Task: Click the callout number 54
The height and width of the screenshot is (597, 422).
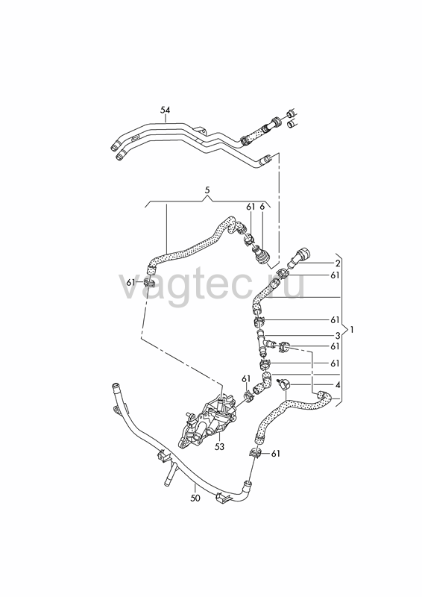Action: tap(166, 110)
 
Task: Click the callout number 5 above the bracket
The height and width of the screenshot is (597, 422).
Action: tap(207, 190)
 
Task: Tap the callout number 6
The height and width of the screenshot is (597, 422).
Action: tap(262, 207)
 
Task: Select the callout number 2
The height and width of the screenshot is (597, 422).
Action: tap(338, 263)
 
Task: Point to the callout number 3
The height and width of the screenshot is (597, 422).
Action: tap(338, 336)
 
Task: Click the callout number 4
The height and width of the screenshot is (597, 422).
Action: tap(338, 385)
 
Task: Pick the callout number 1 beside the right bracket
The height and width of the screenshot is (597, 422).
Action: tap(352, 330)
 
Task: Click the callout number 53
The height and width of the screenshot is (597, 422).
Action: tap(219, 446)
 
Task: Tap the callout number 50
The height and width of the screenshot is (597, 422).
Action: tap(195, 498)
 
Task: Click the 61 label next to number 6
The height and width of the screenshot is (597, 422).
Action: tap(251, 207)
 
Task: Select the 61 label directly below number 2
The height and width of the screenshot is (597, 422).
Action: tap(335, 275)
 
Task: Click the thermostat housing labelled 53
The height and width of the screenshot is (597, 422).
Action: tap(207, 422)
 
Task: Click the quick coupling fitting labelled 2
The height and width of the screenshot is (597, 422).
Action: tap(300, 257)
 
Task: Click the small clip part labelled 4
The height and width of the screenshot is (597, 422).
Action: tap(283, 383)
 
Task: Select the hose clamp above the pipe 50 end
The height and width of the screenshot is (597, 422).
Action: tap(256, 453)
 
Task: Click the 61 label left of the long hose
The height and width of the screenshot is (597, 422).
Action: tap(131, 283)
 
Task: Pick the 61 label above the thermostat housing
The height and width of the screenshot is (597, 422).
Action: tap(246, 378)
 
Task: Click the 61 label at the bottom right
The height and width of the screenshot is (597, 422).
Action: tap(276, 454)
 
